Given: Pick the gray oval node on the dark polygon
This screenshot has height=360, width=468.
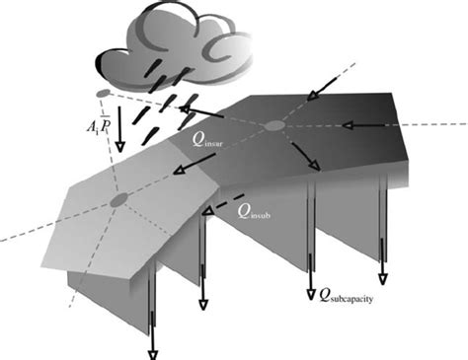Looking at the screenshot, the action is pos(273,125).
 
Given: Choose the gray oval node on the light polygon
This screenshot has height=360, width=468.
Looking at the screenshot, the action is pos(119,200).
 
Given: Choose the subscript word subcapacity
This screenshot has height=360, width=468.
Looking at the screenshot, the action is pos(356,294).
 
